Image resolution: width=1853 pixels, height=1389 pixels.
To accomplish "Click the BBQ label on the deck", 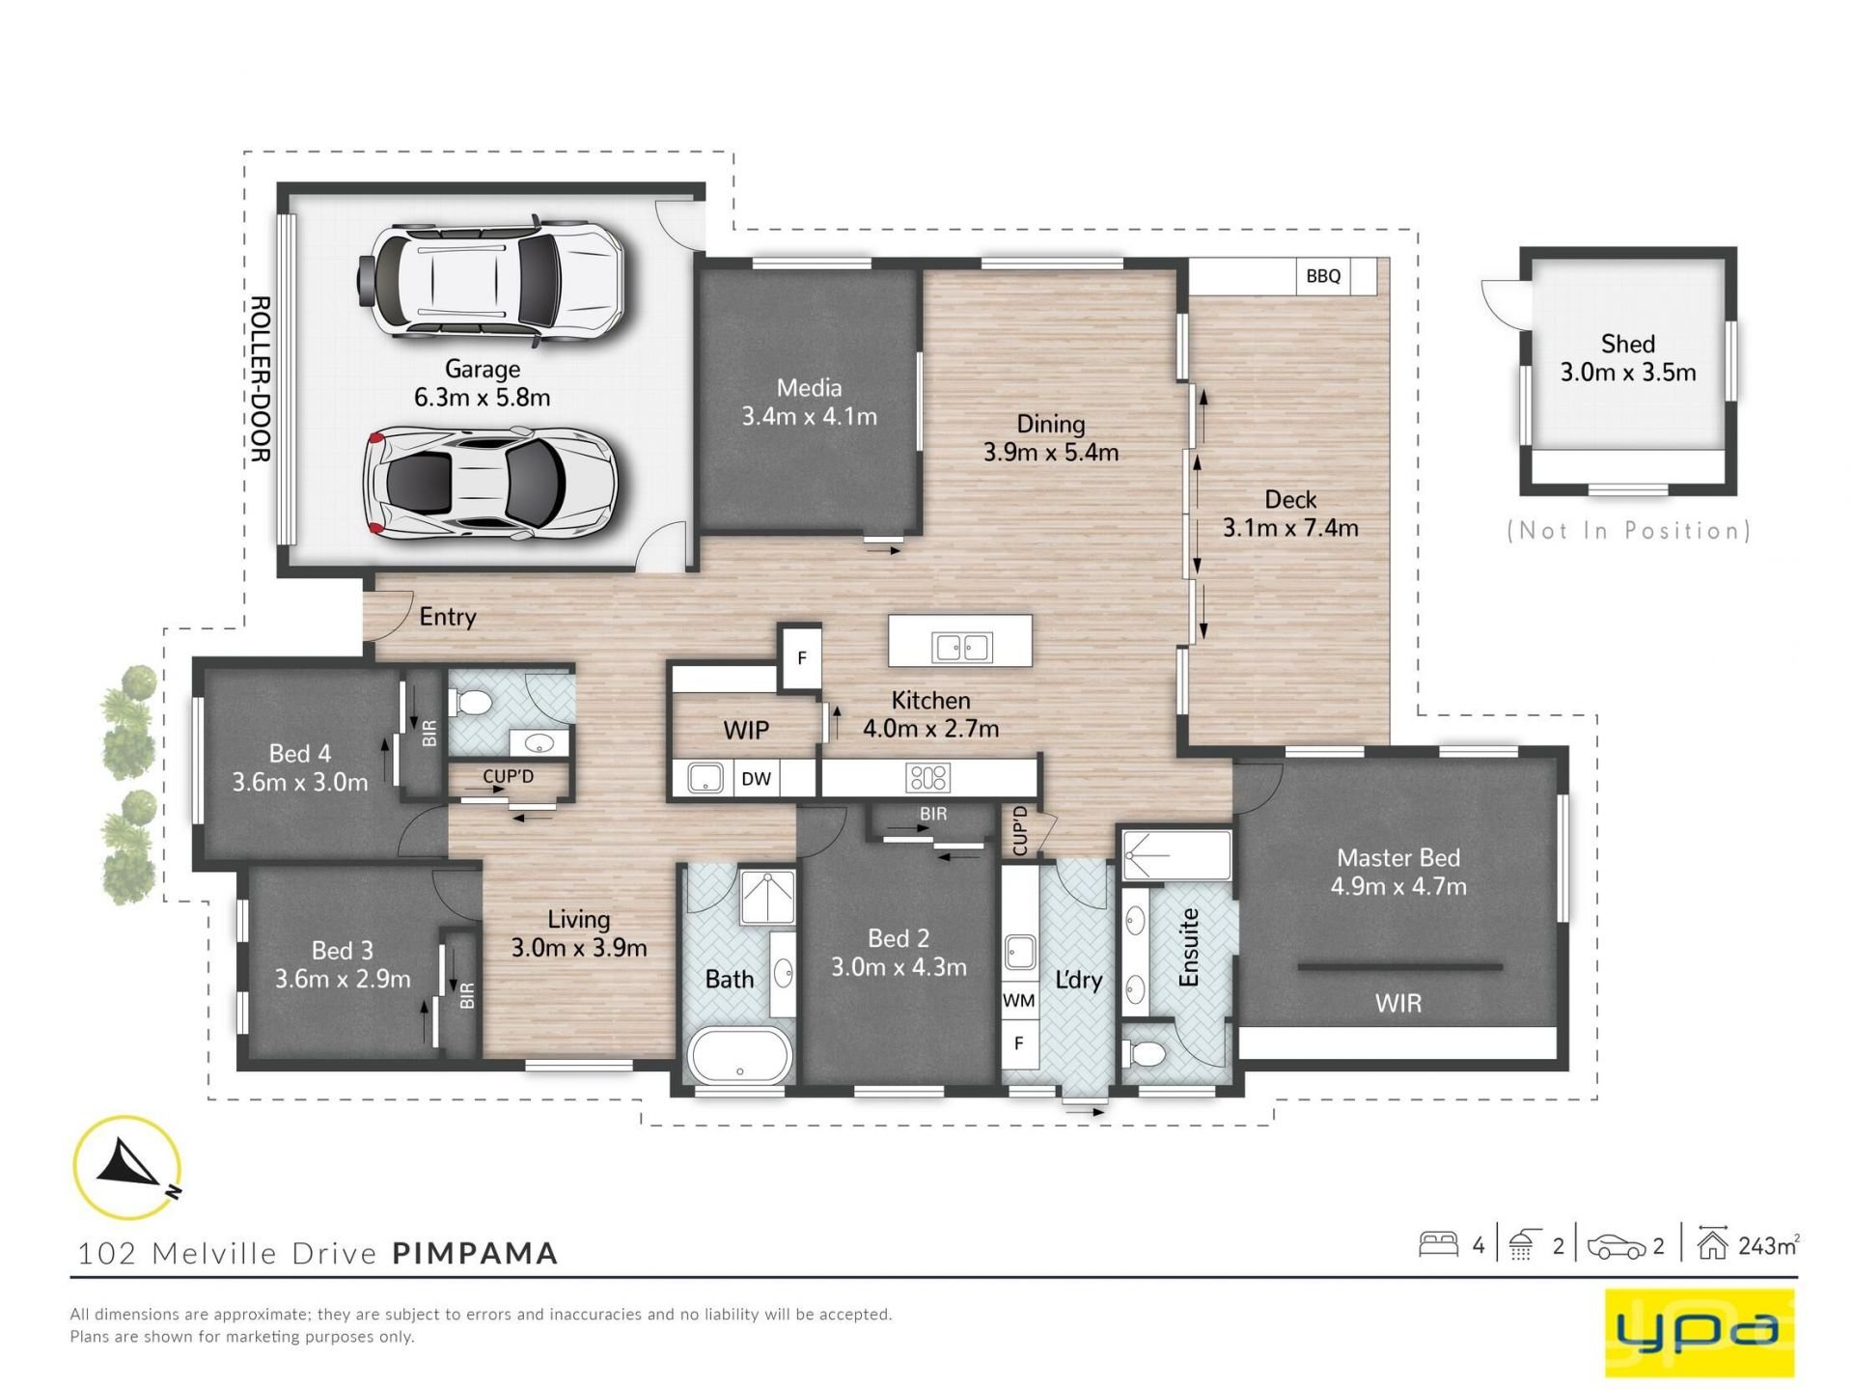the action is (x=1323, y=276).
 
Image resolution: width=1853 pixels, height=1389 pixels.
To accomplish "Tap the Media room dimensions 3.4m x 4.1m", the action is (x=809, y=417).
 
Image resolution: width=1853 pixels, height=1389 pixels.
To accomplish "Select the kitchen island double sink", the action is (x=961, y=648).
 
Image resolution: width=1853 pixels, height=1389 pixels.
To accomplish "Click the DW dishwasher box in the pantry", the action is (x=757, y=778).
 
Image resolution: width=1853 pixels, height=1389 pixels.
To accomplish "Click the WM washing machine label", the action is (x=1018, y=1001).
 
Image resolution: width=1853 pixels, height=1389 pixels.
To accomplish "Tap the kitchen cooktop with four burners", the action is (x=927, y=777).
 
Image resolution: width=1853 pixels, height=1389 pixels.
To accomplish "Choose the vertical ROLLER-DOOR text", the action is (x=260, y=379).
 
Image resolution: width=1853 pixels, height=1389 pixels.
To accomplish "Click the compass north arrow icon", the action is (x=127, y=1166).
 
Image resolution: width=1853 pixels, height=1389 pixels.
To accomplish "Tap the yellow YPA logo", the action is (x=1699, y=1331).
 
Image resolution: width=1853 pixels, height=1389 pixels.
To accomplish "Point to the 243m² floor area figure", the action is (x=1768, y=1246).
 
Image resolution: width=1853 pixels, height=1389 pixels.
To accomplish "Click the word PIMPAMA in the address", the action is (x=475, y=1253).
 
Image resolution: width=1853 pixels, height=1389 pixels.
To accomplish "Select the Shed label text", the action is (x=1628, y=344).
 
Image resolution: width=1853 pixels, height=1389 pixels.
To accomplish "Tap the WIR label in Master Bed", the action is (x=1397, y=1004).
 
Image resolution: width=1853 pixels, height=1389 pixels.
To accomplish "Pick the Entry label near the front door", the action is (x=448, y=617).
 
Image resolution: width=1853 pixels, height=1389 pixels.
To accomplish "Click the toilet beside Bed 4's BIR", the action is (x=473, y=701).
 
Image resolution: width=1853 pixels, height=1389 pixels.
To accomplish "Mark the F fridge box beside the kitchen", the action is (x=801, y=659).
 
